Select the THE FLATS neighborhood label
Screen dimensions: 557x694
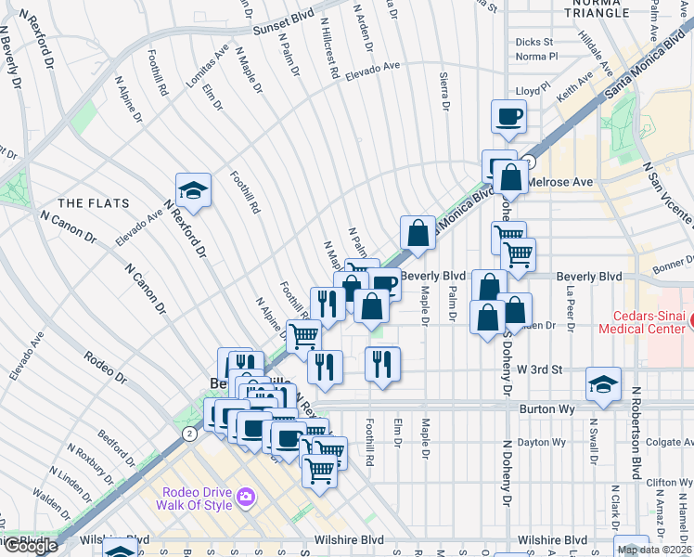(x=86, y=202)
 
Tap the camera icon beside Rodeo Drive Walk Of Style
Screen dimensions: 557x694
(x=246, y=498)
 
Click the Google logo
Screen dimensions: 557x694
(x=30, y=546)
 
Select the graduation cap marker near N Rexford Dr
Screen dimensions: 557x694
(x=193, y=190)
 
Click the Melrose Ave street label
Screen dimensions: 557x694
(x=562, y=183)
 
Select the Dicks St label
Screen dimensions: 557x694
(x=533, y=42)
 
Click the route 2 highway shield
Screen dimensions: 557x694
(x=189, y=434)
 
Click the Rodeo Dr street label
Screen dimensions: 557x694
(x=104, y=367)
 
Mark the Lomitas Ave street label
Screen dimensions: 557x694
(x=206, y=66)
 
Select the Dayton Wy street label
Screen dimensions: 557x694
(x=541, y=442)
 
